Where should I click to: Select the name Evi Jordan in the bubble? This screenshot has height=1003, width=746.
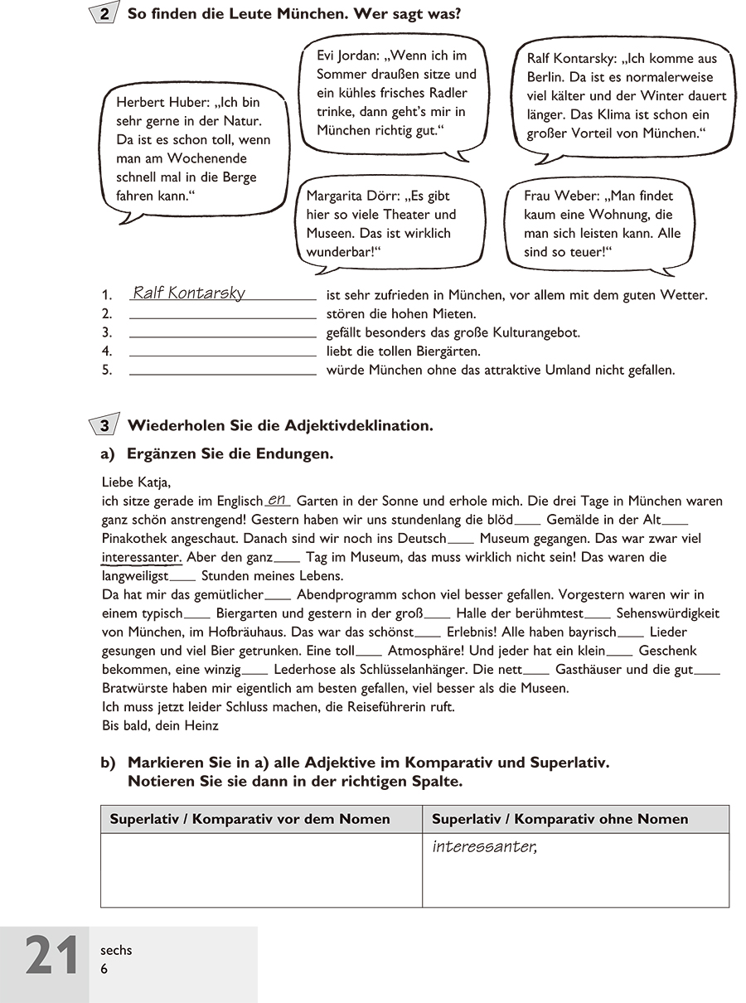(x=347, y=56)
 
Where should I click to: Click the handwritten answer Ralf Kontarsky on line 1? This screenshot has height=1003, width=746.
(x=189, y=293)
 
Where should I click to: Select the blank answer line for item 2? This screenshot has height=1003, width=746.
(x=223, y=316)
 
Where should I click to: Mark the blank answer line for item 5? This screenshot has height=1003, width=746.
(x=223, y=372)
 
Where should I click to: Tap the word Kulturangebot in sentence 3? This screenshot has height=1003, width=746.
(x=538, y=332)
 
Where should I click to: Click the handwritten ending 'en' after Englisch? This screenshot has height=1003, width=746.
(x=278, y=499)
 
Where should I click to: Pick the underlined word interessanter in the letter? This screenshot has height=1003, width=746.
(x=141, y=557)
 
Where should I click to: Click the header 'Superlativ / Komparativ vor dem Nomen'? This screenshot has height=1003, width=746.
(x=249, y=819)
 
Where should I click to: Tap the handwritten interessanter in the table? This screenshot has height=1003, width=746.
(x=485, y=847)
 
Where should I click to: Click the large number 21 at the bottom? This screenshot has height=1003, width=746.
(x=52, y=957)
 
